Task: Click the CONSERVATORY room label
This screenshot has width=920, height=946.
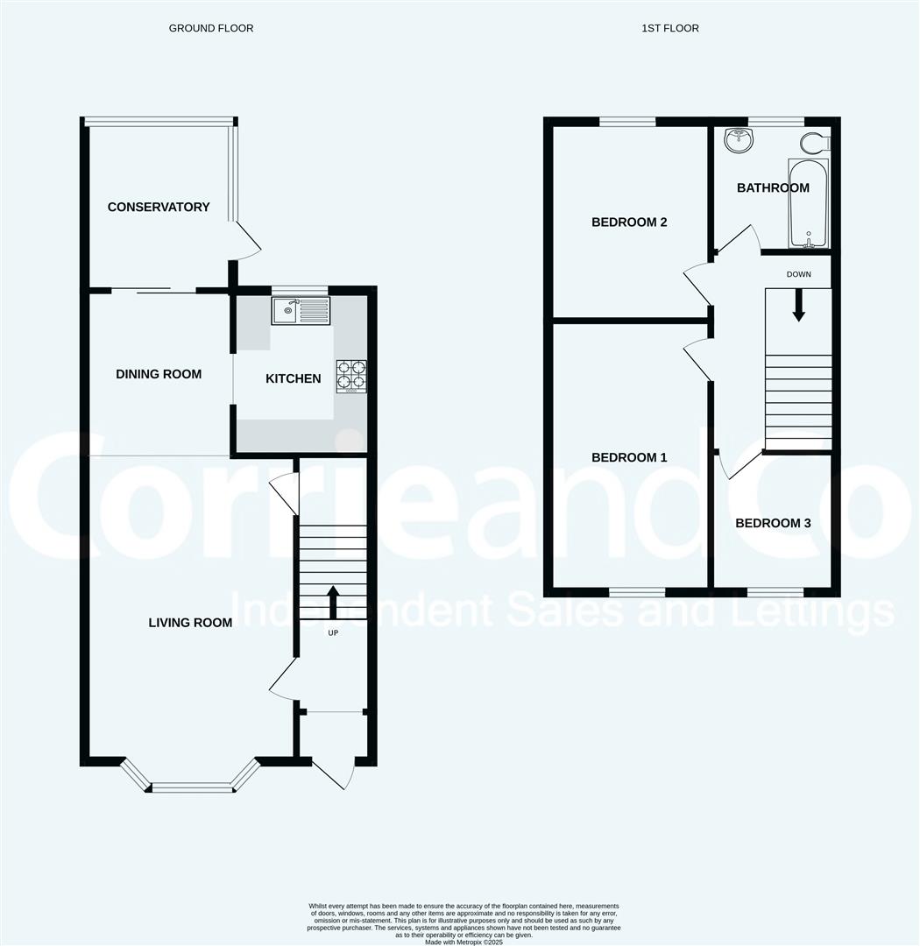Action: point(159,207)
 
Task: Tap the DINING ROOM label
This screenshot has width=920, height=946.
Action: point(159,374)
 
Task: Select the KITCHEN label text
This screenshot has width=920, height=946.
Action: point(294,378)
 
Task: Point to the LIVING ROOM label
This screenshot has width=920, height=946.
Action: point(190,623)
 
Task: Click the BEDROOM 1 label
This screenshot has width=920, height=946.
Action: point(629,457)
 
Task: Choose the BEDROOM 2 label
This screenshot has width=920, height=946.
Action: point(629,222)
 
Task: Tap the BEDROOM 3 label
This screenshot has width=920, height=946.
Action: point(773,523)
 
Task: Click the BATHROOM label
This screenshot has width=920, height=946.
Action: point(773,187)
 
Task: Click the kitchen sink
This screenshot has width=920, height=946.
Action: point(301,311)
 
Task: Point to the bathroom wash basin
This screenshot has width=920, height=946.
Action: point(739,140)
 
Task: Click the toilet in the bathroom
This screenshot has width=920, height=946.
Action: point(816,143)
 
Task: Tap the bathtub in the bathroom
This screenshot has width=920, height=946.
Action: point(809,203)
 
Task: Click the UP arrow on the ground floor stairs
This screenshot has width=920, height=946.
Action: point(333,602)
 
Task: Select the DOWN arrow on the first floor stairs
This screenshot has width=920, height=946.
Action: point(799,306)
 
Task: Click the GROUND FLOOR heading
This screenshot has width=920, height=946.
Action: point(211,28)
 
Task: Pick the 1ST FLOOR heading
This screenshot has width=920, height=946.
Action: point(670,28)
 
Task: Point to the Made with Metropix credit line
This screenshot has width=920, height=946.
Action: point(464,942)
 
